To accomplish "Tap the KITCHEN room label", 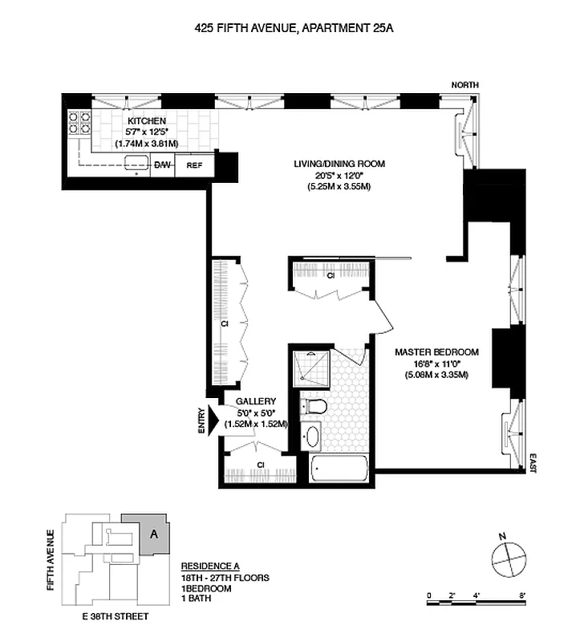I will [146, 121].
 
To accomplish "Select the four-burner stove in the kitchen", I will [78, 122].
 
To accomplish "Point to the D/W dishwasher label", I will [163, 165].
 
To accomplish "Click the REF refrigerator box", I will [194, 165].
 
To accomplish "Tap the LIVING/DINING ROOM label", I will [339, 164].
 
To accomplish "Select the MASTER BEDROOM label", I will [436, 352].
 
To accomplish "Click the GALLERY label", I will [256, 401].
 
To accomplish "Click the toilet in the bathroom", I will [314, 406].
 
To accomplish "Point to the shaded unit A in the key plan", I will [154, 532].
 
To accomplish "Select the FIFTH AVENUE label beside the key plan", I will [51, 559].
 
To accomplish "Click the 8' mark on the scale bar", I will [522, 595].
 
